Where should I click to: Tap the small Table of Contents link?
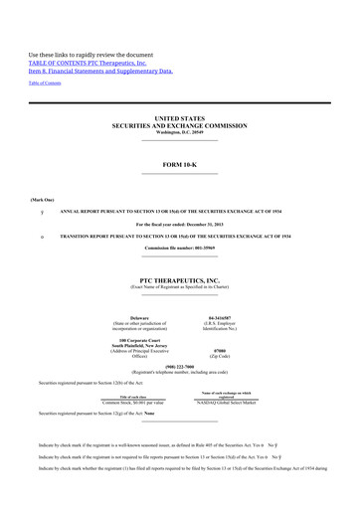tap(44, 83)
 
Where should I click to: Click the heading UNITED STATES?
tap(179, 117)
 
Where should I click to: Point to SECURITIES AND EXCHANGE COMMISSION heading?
tap(179, 125)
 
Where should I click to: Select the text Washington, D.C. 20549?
tap(179, 132)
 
